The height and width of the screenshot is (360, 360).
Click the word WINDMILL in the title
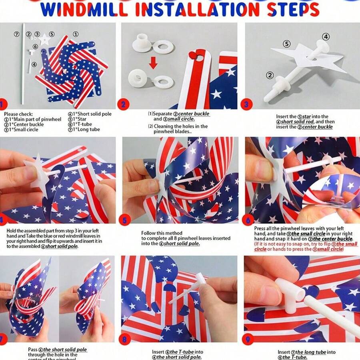click(x=82, y=10)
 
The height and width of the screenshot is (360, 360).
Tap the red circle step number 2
click(x=123, y=104)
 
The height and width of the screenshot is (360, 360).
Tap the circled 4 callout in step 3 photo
click(x=326, y=37)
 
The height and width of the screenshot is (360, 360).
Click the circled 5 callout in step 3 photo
click(x=286, y=43)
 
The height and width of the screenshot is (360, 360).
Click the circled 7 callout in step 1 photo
click(x=17, y=34)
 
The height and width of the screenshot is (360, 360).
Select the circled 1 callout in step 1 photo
click(x=75, y=34)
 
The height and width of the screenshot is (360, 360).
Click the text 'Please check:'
click(x=18, y=114)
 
